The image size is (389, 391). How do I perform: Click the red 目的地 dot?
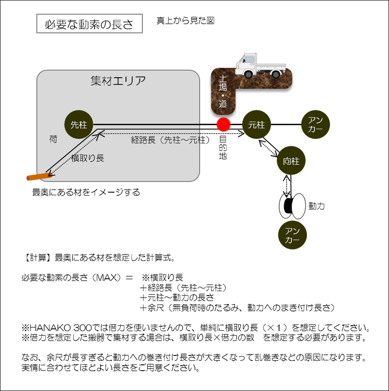(x=223, y=125)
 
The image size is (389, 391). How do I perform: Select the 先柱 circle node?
(x=79, y=125)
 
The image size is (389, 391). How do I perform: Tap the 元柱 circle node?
(x=257, y=125)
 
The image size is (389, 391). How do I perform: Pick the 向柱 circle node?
(x=291, y=161)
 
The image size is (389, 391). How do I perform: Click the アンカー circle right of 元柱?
(x=316, y=125)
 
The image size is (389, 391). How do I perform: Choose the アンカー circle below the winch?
(x=293, y=235)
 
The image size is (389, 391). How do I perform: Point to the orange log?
(x=40, y=176)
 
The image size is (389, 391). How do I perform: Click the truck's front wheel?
(x=248, y=74)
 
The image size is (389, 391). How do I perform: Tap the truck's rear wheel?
(x=276, y=74)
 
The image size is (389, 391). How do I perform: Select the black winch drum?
(x=289, y=206)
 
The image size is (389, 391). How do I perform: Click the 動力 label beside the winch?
(x=316, y=206)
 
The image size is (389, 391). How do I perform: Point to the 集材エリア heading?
(x=118, y=81)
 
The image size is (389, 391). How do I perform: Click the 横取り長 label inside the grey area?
(x=87, y=158)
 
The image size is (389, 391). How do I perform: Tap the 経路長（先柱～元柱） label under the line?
(x=171, y=140)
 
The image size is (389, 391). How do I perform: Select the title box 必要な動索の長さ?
(x=89, y=23)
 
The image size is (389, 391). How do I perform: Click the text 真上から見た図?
(x=185, y=21)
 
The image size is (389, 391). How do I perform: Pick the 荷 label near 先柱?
(x=53, y=139)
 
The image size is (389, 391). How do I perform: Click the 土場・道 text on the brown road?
(x=223, y=92)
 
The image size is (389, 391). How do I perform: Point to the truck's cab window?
(x=249, y=60)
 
